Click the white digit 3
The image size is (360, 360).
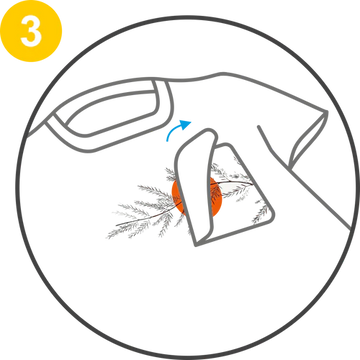(x=31, y=31)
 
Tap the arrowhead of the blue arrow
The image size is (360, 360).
(x=185, y=125)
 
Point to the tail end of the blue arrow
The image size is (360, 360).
(x=168, y=140)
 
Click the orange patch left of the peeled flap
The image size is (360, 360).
(x=177, y=197)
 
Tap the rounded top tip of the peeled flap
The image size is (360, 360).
(x=211, y=132)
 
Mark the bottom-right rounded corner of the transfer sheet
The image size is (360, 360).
(x=271, y=217)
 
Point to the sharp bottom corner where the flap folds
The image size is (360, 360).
(x=195, y=245)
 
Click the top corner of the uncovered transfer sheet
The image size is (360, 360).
(x=227, y=145)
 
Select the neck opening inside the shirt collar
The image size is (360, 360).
(x=112, y=112)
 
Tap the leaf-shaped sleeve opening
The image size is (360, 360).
(x=308, y=140)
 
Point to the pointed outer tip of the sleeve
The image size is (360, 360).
(x=326, y=112)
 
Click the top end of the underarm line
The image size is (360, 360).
(x=259, y=127)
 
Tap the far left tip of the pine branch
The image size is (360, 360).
(x=107, y=237)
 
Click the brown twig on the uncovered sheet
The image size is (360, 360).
(x=232, y=183)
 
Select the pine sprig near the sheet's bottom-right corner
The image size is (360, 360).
(x=261, y=213)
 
